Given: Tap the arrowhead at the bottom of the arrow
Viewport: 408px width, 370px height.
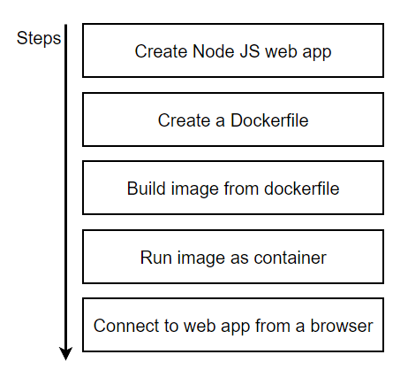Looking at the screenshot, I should pyautogui.click(x=65, y=353).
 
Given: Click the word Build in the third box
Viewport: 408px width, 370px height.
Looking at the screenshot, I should pyautogui.click(x=144, y=189).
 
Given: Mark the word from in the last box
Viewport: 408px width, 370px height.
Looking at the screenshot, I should pyautogui.click(x=264, y=326).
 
